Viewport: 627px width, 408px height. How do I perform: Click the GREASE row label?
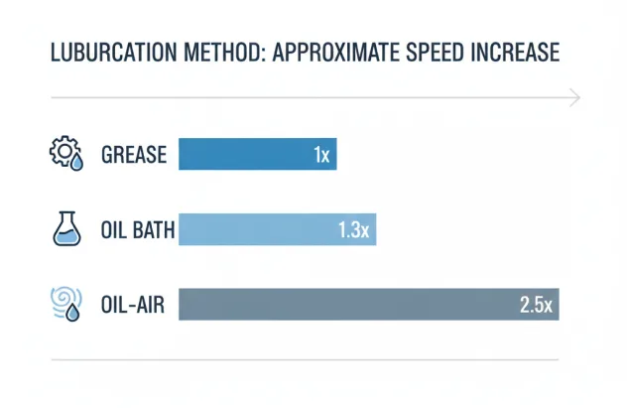coord(134,156)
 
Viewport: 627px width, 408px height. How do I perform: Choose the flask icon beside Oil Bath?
coord(64,230)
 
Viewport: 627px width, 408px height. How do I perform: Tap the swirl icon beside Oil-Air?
coord(64,304)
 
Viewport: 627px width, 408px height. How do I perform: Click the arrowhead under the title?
coord(574,97)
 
